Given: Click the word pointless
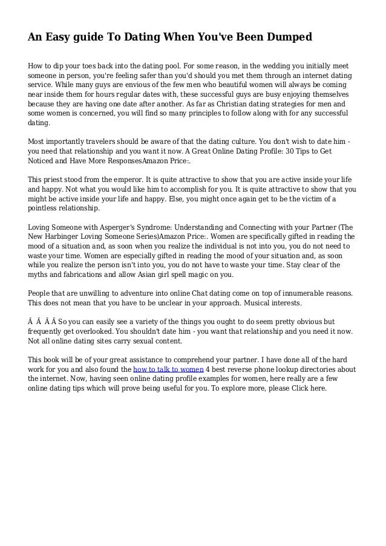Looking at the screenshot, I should click(x=45, y=209).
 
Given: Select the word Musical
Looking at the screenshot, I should click(x=257, y=302).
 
